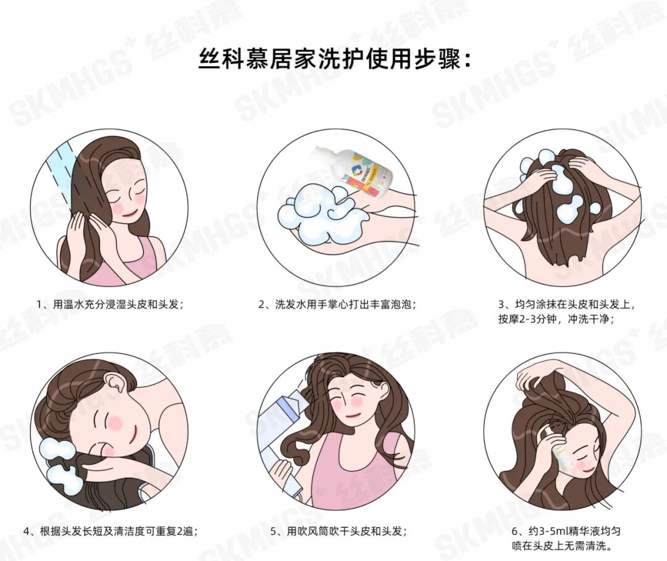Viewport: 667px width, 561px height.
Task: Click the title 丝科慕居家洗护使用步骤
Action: pos(334,60)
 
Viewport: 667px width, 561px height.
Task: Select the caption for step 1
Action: pos(111,304)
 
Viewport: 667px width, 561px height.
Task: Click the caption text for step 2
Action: pos(337,304)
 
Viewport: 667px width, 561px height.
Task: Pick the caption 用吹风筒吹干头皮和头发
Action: pos(338,531)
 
